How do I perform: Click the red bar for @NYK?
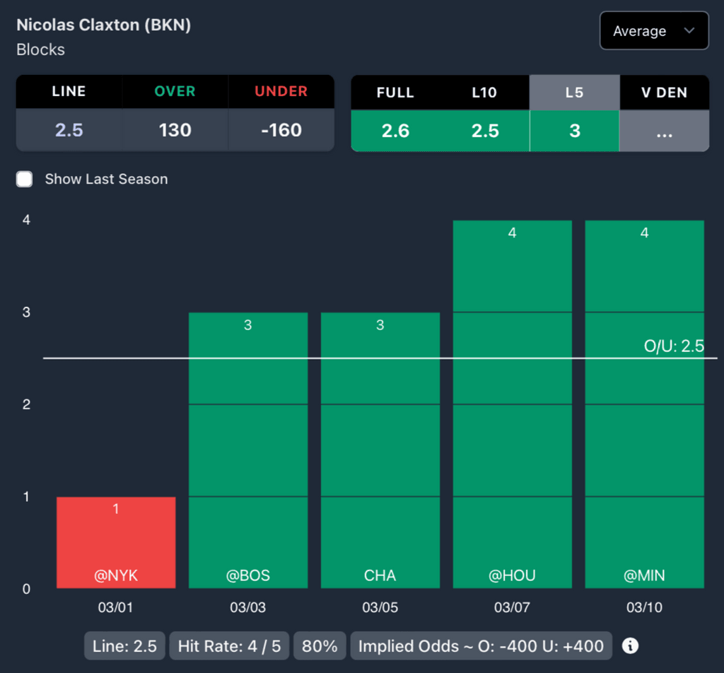point(116,542)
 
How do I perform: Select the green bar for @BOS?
point(247,450)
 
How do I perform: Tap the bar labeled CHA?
point(380,450)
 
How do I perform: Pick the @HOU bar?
point(512,404)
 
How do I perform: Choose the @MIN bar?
point(644,404)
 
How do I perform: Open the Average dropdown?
point(654,31)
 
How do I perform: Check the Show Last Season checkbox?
point(25,179)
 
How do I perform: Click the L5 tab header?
point(574,92)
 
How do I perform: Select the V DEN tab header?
point(664,92)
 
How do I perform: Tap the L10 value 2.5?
point(485,130)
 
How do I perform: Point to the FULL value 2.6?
point(395,130)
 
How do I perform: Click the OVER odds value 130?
point(175,130)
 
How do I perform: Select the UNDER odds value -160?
point(281,130)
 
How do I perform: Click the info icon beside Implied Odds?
point(630,645)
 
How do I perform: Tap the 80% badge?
point(320,645)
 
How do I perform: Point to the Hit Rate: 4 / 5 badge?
point(229,645)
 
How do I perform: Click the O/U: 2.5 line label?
point(673,346)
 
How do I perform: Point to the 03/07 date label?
point(512,607)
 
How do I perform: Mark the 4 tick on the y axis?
point(26,220)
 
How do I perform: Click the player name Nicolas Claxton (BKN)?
point(104,25)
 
